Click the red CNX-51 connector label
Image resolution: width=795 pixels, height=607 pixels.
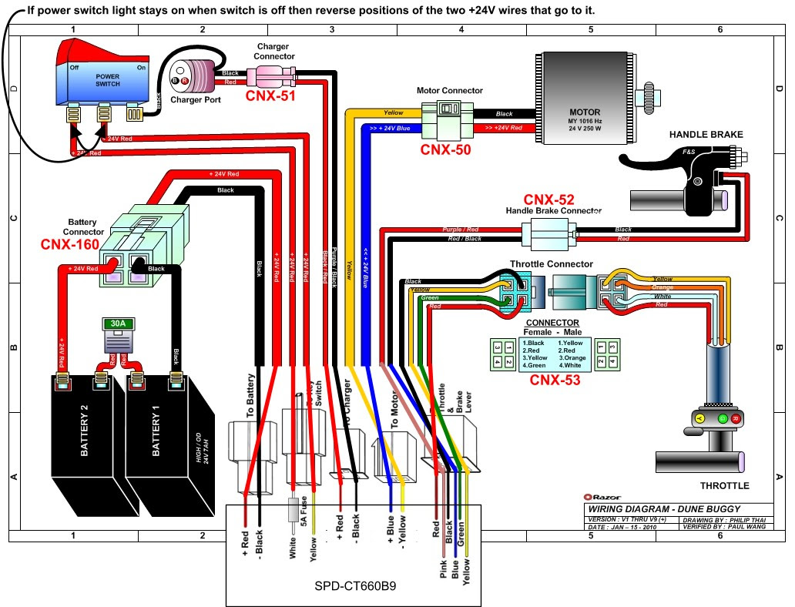pyautogui.click(x=270, y=97)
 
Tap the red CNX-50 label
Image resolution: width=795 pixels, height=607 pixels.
pyautogui.click(x=445, y=149)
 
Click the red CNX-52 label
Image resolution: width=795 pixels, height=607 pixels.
pyautogui.click(x=548, y=200)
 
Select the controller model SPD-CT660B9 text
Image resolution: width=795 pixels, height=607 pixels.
pyautogui.click(x=352, y=585)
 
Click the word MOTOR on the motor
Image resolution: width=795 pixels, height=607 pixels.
pyautogui.click(x=584, y=112)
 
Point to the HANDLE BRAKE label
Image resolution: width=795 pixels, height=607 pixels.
pyautogui.click(x=706, y=135)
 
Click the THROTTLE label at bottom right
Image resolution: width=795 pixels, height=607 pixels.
pyautogui.click(x=723, y=486)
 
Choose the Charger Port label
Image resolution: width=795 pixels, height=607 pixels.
pyautogui.click(x=196, y=99)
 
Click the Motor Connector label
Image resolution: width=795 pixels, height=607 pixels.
pyautogui.click(x=450, y=90)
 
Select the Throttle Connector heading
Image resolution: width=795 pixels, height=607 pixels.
pyautogui.click(x=551, y=264)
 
